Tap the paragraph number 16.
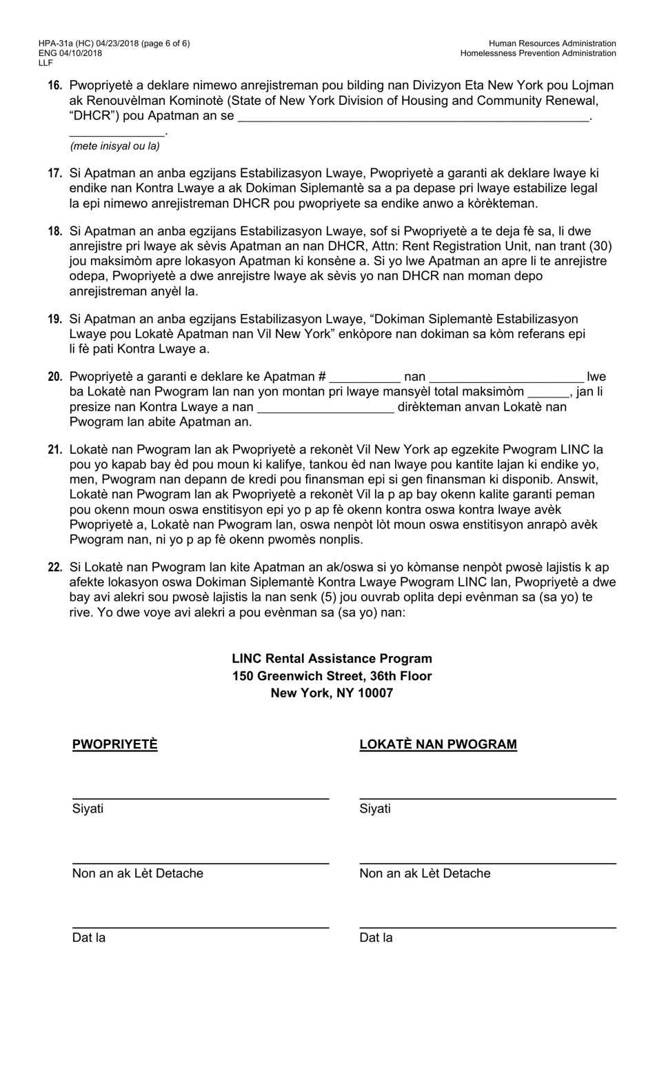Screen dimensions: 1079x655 click(55, 86)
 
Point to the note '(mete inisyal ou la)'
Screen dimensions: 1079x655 click(114, 146)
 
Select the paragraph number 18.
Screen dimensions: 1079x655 click(55, 231)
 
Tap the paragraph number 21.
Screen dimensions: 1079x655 click(55, 450)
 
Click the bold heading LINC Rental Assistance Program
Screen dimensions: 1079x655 click(332, 659)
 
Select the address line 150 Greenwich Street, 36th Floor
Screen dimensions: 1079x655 click(332, 676)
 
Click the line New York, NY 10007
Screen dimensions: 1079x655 click(332, 693)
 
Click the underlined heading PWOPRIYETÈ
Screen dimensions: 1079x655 click(114, 744)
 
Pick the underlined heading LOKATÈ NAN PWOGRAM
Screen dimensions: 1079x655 click(438, 744)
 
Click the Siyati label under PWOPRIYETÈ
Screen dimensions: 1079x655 click(88, 809)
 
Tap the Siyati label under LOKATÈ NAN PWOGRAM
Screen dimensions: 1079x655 click(375, 809)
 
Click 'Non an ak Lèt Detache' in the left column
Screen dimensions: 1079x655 click(137, 873)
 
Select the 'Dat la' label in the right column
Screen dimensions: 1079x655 click(376, 938)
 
